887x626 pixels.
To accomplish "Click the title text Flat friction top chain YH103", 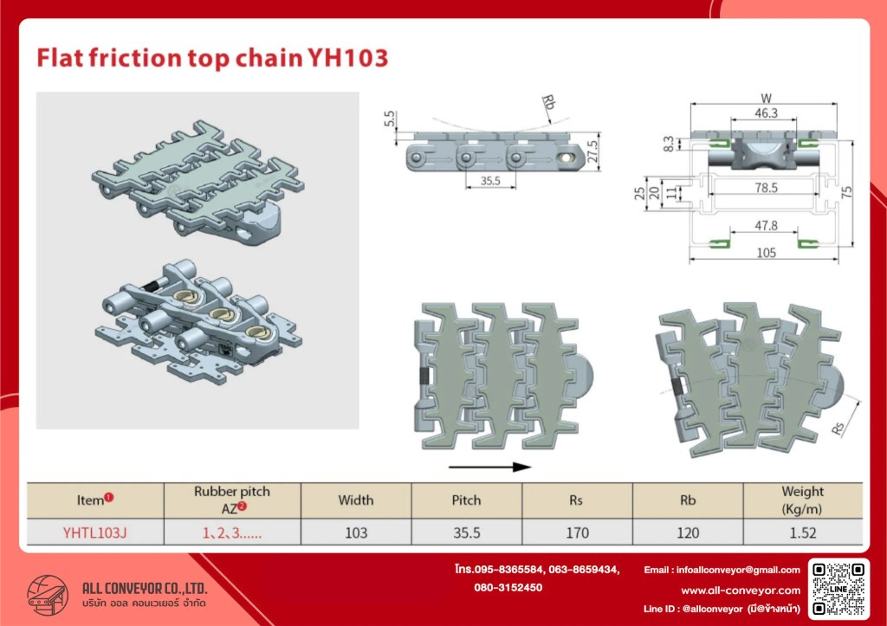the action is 213,58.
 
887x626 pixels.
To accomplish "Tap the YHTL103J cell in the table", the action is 95,532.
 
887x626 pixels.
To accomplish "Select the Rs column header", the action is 576,500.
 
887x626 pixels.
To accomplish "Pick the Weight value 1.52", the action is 802,532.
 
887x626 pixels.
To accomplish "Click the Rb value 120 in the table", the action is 687,532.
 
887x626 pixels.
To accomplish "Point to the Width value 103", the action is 356,532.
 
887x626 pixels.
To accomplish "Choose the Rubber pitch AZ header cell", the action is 232,500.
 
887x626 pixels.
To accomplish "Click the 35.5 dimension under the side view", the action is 490,181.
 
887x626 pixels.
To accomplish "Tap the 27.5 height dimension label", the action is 592,152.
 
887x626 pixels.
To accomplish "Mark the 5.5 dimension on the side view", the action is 389,119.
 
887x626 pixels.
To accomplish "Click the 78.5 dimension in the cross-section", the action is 766,188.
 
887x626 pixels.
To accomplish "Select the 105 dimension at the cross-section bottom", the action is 766,253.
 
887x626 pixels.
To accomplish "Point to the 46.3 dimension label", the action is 766,113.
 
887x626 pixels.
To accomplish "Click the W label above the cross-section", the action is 766,99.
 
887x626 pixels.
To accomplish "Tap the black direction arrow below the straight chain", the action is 490,467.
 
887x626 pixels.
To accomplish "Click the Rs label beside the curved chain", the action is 838,428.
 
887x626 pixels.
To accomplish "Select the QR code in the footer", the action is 838,588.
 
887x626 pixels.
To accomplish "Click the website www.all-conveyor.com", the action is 741,591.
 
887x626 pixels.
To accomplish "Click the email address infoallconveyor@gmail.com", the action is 738,570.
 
